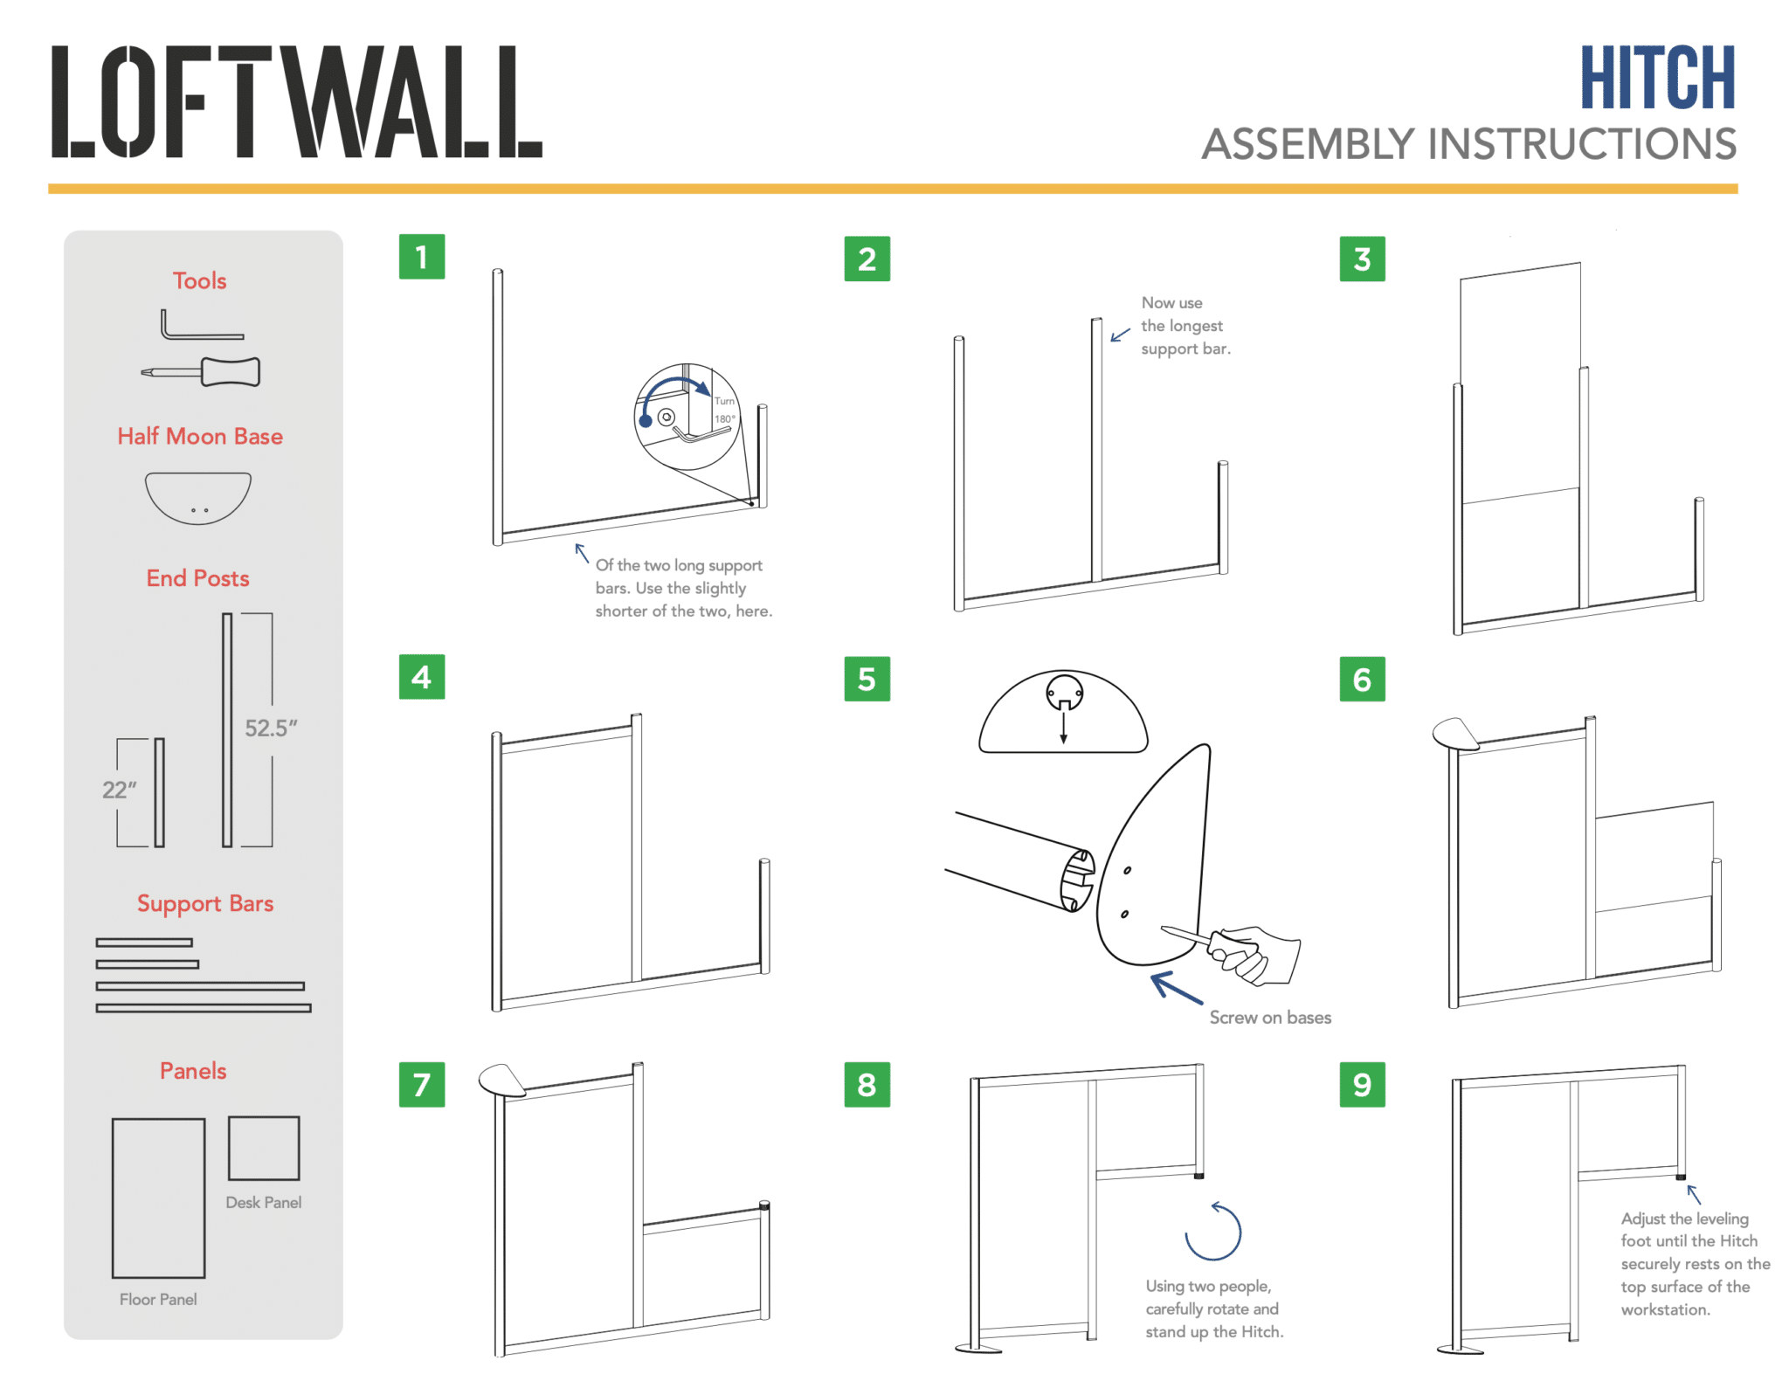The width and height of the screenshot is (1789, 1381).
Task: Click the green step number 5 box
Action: pyautogui.click(x=866, y=679)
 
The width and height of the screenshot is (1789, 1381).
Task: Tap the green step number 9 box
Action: pyautogui.click(x=1361, y=1084)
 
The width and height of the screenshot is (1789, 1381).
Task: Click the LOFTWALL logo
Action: pyautogui.click(x=296, y=101)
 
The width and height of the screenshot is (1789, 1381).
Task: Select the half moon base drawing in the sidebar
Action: pyautogui.click(x=198, y=496)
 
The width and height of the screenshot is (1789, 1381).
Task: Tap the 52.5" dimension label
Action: pyautogui.click(x=271, y=728)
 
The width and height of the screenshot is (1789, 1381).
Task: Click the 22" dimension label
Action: pyautogui.click(x=120, y=790)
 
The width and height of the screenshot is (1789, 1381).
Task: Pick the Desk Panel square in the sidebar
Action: pyautogui.click(x=264, y=1148)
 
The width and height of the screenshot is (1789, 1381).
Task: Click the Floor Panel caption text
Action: pyautogui.click(x=158, y=1299)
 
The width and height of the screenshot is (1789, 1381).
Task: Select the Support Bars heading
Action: pyautogui.click(x=205, y=903)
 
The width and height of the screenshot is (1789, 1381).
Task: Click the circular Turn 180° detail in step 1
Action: pyautogui.click(x=687, y=417)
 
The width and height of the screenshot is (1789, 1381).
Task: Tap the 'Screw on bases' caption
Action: pyautogui.click(x=1269, y=1018)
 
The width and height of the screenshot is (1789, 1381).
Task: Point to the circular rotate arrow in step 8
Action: pyautogui.click(x=1212, y=1232)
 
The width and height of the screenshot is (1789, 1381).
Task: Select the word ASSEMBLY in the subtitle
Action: pyautogui.click(x=1308, y=144)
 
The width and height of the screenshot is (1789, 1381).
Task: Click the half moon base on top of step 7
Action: pyautogui.click(x=501, y=1080)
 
